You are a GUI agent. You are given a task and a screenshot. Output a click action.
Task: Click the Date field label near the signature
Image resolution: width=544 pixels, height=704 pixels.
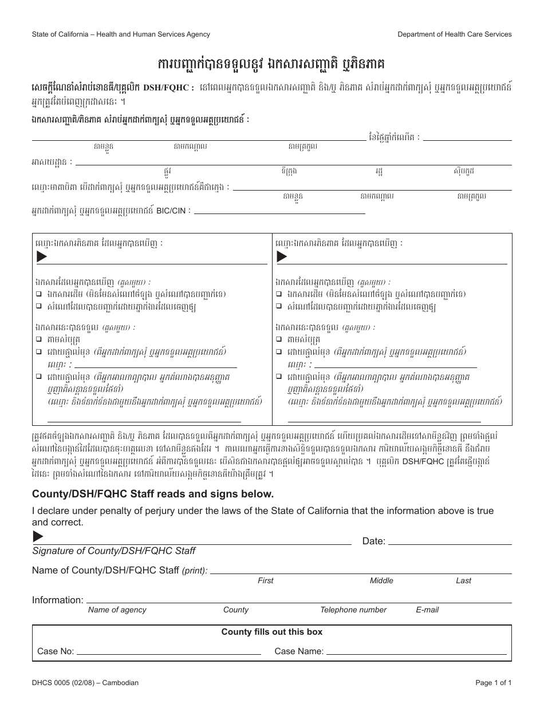click(x=374, y=541)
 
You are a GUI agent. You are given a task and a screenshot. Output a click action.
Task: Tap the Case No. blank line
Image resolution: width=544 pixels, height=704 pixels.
click(x=168, y=652)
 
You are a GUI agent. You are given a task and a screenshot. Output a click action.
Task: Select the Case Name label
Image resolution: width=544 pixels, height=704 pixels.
click(x=299, y=651)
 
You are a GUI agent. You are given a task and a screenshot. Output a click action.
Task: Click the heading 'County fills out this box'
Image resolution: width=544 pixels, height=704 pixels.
click(x=272, y=632)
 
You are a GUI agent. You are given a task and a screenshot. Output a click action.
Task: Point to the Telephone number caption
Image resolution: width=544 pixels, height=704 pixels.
click(x=353, y=610)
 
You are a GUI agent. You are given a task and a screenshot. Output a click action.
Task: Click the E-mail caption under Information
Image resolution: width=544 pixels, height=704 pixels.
click(x=427, y=610)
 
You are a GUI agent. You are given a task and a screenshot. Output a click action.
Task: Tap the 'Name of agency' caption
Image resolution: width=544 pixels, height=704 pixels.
click(x=117, y=610)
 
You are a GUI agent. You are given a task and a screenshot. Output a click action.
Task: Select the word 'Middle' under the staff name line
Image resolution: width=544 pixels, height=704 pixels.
click(x=381, y=580)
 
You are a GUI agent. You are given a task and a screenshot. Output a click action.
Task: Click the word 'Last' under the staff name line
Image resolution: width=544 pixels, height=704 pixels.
click(x=463, y=580)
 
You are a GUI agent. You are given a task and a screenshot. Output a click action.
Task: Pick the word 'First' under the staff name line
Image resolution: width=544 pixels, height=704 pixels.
click(x=266, y=580)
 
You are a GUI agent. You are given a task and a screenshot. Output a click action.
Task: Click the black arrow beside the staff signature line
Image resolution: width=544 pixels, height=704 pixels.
click(x=38, y=536)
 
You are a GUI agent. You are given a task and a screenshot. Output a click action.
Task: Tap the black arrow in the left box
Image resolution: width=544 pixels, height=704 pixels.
click(x=41, y=257)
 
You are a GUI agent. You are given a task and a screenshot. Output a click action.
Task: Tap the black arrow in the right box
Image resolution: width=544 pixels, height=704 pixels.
click(x=282, y=257)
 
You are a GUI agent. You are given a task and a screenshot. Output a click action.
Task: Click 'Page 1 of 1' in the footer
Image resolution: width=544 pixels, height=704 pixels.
click(x=494, y=683)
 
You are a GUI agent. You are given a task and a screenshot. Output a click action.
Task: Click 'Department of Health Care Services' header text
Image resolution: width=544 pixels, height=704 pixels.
click(x=455, y=34)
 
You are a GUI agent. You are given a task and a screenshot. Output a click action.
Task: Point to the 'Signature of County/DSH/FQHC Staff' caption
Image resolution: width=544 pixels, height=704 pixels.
click(x=113, y=551)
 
